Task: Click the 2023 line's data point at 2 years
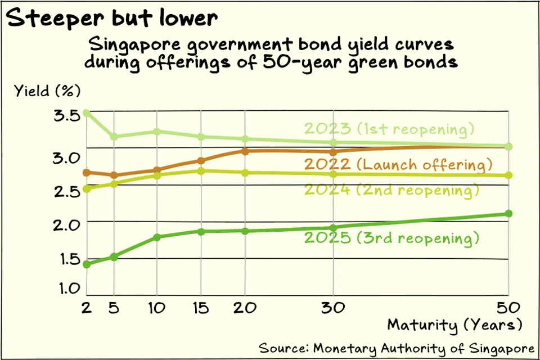tap(86, 112)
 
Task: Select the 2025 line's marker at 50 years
tap(508, 213)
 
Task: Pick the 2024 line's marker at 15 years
tap(201, 170)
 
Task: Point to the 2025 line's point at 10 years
tap(157, 237)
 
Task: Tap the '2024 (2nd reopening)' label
tap(391, 190)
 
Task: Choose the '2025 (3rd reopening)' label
tap(391, 238)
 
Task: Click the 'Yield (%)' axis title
tap(48, 91)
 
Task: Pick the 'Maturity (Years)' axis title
tap(454, 325)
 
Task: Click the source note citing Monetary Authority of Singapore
tap(395, 345)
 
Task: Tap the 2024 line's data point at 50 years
tap(508, 175)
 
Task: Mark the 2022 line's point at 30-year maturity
tap(333, 152)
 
